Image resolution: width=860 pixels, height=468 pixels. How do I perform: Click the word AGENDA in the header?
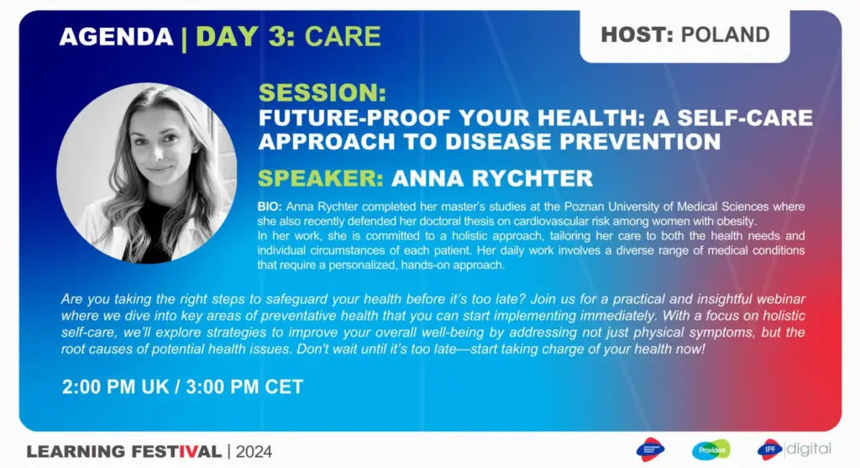(x=116, y=37)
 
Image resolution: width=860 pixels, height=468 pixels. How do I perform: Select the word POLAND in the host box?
(x=725, y=34)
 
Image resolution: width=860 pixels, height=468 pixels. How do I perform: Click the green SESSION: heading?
(x=322, y=92)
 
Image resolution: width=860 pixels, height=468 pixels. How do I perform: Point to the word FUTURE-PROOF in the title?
(x=354, y=118)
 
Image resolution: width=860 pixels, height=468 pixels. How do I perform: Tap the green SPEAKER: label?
(x=321, y=178)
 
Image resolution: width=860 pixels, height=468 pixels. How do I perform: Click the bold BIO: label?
(x=270, y=207)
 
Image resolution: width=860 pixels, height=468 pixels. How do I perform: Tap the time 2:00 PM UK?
(x=116, y=386)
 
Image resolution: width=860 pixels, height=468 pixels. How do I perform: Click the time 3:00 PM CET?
(x=244, y=386)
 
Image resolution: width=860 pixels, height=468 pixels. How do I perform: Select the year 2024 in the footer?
(x=254, y=451)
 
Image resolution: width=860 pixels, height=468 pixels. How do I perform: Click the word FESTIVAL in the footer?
(x=176, y=451)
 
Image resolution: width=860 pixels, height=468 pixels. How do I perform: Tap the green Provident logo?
(x=711, y=450)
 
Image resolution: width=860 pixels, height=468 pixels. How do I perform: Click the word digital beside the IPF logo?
(x=809, y=449)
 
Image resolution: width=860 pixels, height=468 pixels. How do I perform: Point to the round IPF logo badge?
(x=769, y=450)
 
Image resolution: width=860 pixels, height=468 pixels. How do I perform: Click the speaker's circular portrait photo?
(x=147, y=173)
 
